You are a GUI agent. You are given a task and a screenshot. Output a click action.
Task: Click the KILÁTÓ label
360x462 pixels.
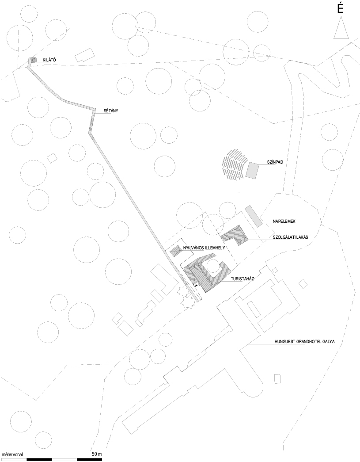click(49, 60)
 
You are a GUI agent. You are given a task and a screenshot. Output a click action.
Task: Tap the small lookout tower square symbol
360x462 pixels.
click(34, 60)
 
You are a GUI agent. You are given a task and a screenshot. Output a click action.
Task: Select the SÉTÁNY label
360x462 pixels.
click(111, 111)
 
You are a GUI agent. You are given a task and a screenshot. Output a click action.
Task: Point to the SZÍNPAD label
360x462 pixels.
click(276, 162)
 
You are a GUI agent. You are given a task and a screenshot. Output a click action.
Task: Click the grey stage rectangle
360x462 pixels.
click(252, 170)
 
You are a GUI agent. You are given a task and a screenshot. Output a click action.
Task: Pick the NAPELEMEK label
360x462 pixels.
click(284, 221)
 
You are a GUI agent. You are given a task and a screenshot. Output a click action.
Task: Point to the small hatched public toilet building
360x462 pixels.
click(176, 251)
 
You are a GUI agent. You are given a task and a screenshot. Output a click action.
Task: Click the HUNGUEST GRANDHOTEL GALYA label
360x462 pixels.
click(304, 342)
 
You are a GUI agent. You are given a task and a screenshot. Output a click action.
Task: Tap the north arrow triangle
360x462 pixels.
click(341, 28)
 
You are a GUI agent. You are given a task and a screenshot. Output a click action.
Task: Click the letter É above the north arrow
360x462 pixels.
click(341, 9)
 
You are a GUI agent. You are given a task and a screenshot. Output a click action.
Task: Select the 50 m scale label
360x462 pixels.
click(96, 454)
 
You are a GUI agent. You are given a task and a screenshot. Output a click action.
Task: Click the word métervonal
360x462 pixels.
click(12, 454)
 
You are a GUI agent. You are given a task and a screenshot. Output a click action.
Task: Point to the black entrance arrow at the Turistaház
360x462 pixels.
click(196, 285)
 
